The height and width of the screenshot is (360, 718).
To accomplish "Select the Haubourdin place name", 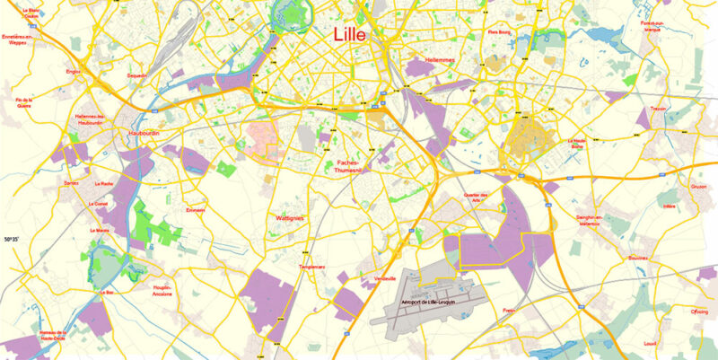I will coord(144,136).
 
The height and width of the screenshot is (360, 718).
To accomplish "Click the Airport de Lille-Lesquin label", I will coord(431,303).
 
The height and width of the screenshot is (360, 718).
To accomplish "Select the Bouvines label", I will coord(638,257).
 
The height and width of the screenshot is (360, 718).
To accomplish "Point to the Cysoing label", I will coord(698,312).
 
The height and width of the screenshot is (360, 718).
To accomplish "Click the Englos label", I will coord(74,70).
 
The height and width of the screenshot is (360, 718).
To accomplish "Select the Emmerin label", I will coord(195,210).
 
